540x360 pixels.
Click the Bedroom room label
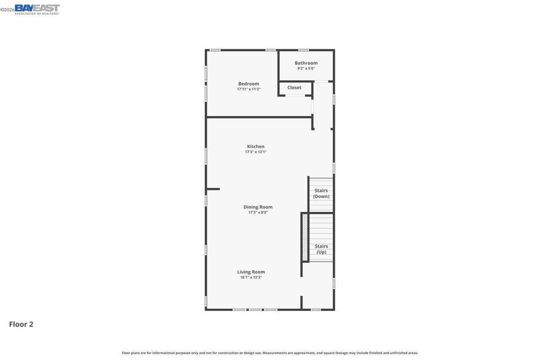[249, 84]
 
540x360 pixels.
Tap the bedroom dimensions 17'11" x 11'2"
[249, 89]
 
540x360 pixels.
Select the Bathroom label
[306, 63]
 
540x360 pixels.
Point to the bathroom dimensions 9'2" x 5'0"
[306, 69]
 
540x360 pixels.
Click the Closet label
[294, 87]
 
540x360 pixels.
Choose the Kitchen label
[256, 147]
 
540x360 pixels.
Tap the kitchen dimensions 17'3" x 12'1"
[256, 152]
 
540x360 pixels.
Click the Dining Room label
[258, 207]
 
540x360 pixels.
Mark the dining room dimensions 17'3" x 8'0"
[258, 212]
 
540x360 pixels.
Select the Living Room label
[251, 272]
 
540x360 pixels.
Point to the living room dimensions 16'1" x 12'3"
[251, 277]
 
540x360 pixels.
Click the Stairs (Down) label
[321, 193]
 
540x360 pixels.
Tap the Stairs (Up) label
[321, 249]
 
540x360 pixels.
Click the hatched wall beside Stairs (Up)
[305, 238]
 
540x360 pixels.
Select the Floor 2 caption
[21, 324]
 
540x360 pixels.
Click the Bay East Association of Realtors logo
[37, 9]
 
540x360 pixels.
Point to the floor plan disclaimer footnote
[270, 353]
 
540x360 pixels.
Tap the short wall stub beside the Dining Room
[213, 189]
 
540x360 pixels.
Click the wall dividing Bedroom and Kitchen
[259, 118]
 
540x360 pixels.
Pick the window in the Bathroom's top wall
[303, 50]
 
